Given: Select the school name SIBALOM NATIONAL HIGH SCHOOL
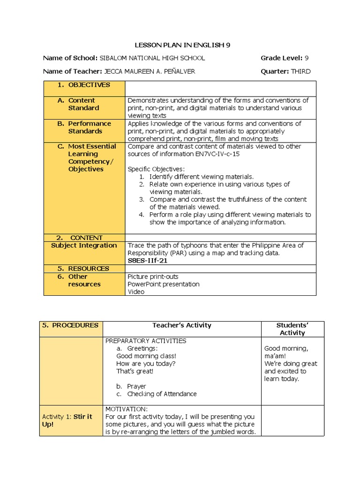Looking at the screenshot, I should pyautogui.click(x=152, y=58).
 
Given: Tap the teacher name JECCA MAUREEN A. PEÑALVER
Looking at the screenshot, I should pyautogui.click(x=150, y=71).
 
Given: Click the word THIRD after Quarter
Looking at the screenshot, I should pyautogui.click(x=300, y=71).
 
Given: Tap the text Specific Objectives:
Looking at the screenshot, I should pyautogui.click(x=156, y=169).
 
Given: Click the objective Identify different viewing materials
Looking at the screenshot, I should pyautogui.click(x=201, y=177).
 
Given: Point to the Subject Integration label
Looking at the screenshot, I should pyautogui.click(x=84, y=245).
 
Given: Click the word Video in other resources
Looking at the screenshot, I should pyautogui.click(x=136, y=292).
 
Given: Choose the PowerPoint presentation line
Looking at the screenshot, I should pyautogui.click(x=163, y=284).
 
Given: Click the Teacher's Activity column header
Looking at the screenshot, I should pyautogui.click(x=182, y=325).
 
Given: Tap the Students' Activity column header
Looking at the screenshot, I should pyautogui.click(x=292, y=329).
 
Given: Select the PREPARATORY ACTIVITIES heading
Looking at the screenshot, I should pyautogui.click(x=146, y=341).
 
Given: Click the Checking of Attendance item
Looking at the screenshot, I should pyautogui.click(x=162, y=394).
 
